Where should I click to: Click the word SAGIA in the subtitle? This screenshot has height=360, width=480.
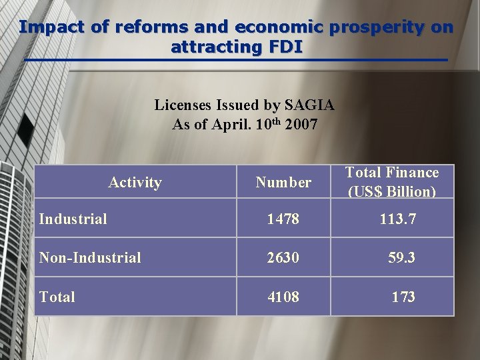tap(309, 105)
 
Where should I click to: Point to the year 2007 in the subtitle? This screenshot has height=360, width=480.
tap(301, 125)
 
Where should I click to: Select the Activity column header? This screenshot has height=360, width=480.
tap(135, 182)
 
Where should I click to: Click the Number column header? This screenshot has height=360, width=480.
tap(283, 182)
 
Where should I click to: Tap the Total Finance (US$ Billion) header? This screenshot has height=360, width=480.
tap(392, 182)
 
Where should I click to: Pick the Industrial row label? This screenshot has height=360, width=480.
tap(73, 219)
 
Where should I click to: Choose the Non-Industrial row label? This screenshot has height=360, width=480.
tap(90, 257)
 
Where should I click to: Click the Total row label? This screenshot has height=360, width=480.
tap(57, 297)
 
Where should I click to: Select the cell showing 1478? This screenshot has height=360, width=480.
tap(283, 219)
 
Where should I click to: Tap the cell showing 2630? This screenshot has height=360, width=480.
tap(283, 257)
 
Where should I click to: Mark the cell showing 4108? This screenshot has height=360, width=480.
tap(283, 297)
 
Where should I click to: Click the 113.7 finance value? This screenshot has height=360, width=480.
tap(397, 219)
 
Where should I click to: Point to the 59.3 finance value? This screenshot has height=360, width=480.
tap(402, 257)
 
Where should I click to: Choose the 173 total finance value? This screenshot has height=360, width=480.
tap(403, 297)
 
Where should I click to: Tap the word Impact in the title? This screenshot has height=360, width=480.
tap(45, 28)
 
